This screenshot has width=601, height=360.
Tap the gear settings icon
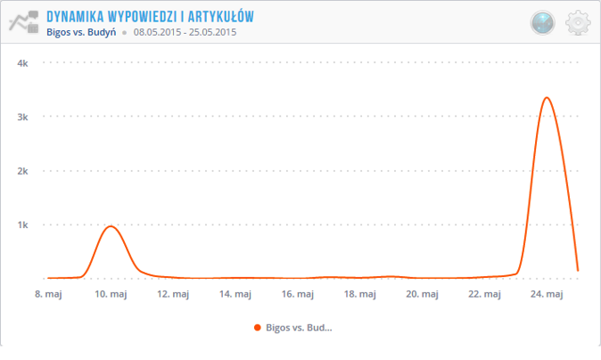click(x=579, y=22)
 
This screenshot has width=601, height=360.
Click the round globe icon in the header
click(x=542, y=23)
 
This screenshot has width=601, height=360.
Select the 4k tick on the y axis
click(x=24, y=63)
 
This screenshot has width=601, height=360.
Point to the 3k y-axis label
click(x=24, y=117)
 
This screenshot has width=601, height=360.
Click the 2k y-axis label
click(x=24, y=170)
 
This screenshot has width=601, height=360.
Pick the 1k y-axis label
click(x=24, y=225)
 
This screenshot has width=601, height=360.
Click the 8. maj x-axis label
click(x=48, y=293)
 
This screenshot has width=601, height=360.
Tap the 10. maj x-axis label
click(x=111, y=293)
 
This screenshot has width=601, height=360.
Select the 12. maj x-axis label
click(x=173, y=293)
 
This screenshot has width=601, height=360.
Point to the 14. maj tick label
click(x=235, y=293)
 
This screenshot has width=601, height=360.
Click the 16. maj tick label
click(x=298, y=293)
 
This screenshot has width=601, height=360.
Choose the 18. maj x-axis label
click(x=359, y=293)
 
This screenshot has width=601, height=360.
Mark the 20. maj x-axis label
click(x=422, y=293)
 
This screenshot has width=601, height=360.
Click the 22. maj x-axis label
click(x=484, y=293)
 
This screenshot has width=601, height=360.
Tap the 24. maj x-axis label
click(x=547, y=293)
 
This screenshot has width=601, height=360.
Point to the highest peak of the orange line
click(x=546, y=98)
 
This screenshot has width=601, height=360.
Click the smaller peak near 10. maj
click(x=111, y=226)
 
